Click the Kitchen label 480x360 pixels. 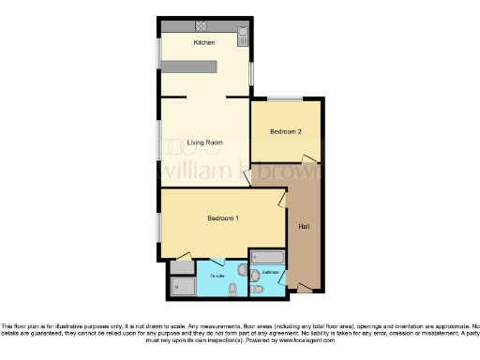click(x=204, y=43)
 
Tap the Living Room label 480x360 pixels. click(x=204, y=142)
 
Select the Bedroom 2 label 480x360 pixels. click(x=286, y=131)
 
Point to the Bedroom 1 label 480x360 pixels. click(x=223, y=218)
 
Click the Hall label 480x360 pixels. click(x=304, y=227)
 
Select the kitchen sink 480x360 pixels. click(x=243, y=36)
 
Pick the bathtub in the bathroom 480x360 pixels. click(x=268, y=256)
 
